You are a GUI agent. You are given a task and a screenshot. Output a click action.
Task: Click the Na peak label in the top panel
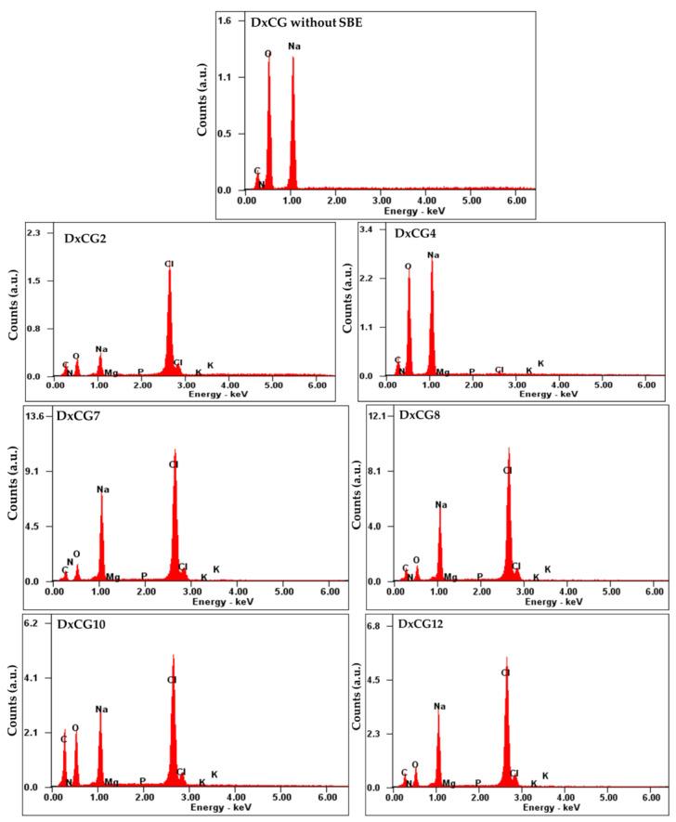(x=294, y=46)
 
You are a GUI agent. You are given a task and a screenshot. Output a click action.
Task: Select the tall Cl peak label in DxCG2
(x=169, y=265)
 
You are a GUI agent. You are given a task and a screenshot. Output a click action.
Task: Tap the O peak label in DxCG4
(x=408, y=267)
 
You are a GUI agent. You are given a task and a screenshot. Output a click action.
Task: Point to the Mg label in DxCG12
(x=449, y=783)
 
